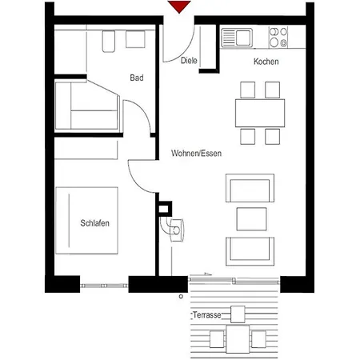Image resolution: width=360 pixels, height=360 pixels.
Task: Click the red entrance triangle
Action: coord(179,7)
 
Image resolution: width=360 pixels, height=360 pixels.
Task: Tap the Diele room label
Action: coord(189,60)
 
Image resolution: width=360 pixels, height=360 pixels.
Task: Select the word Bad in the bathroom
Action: coord(137,78)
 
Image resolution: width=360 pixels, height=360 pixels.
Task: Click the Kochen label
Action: coord(266,62)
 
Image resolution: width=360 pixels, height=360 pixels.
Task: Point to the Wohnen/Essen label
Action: coord(196,153)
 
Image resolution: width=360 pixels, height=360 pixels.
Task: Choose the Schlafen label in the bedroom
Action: coord(94,222)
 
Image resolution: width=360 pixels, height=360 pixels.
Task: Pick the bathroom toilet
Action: coord(110,41)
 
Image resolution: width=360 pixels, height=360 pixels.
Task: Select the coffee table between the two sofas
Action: coord(253,218)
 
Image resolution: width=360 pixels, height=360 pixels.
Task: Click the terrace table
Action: coord(237,337)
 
